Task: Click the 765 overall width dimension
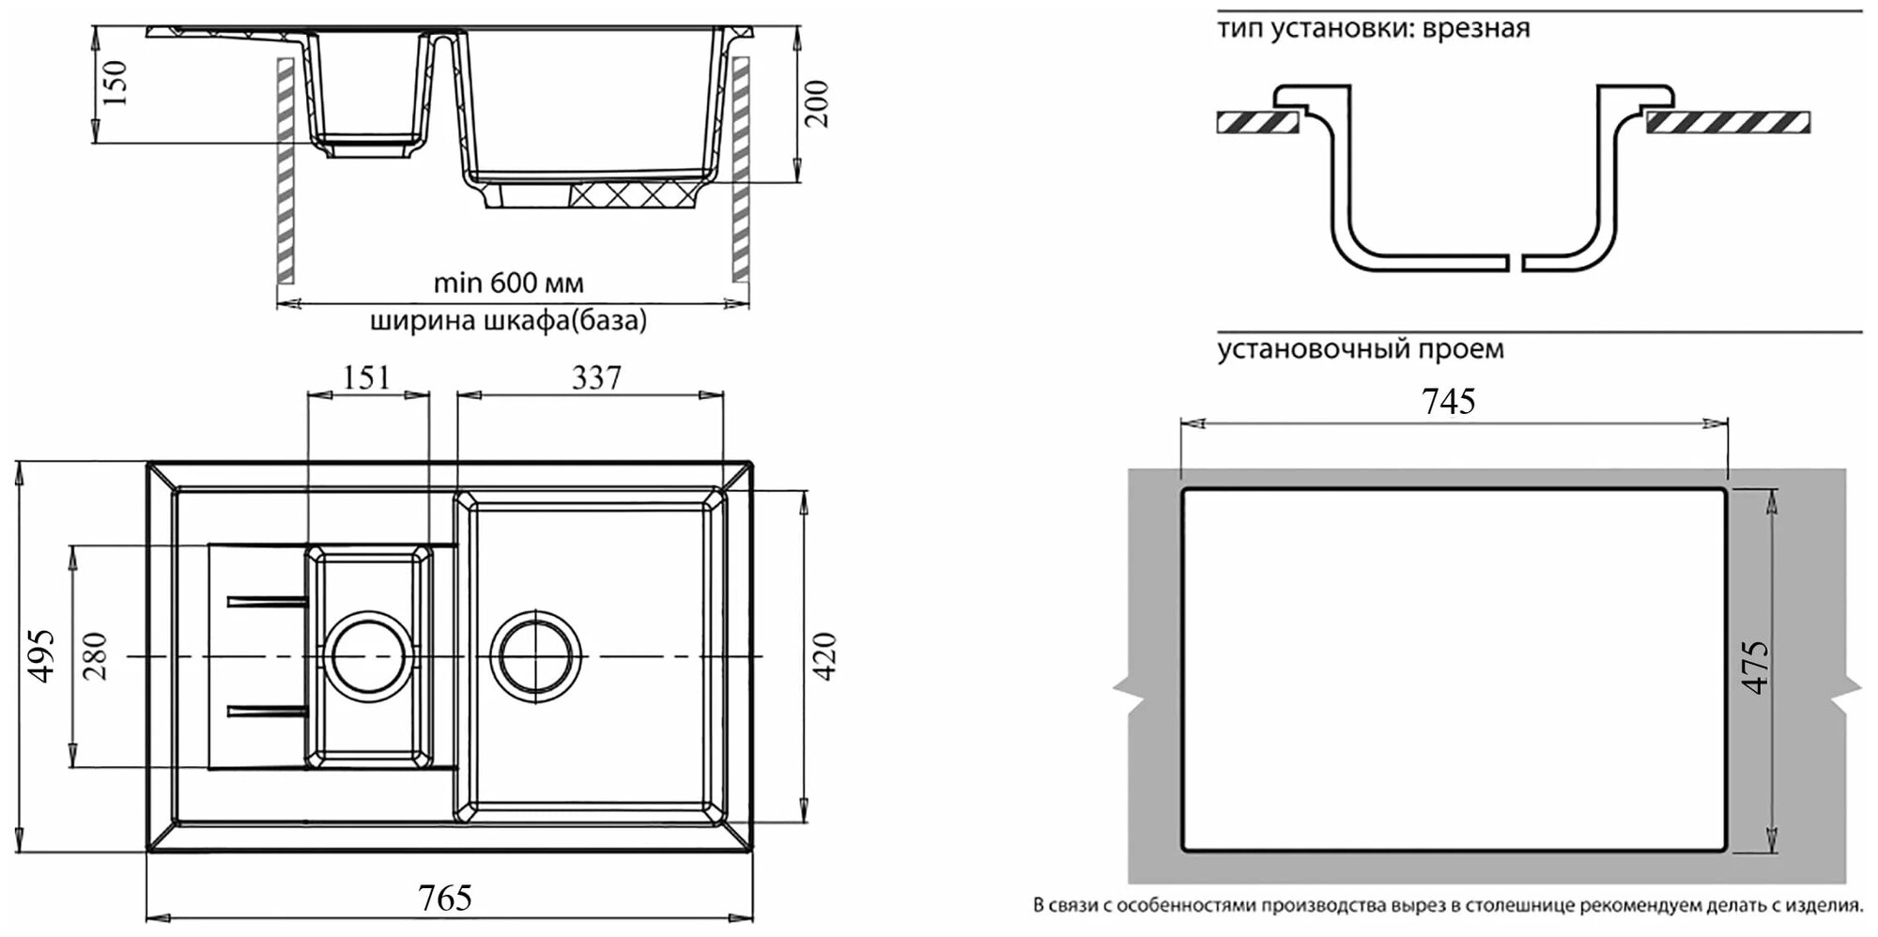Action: tap(445, 899)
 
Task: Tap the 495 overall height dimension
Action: tap(42, 655)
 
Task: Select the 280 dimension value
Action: tap(95, 655)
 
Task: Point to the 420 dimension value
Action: tap(824, 655)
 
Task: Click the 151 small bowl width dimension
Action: tap(366, 377)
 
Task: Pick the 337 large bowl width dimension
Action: tap(596, 377)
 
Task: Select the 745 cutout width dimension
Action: tap(1449, 402)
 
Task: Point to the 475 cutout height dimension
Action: tap(1755, 667)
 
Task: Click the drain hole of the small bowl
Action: tap(368, 654)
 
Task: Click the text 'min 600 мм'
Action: tap(508, 283)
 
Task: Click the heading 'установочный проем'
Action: tap(1361, 349)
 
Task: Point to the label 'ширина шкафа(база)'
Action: tap(508, 321)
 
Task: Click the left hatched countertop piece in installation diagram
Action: tap(1256, 122)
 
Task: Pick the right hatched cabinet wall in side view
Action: tap(741, 169)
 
